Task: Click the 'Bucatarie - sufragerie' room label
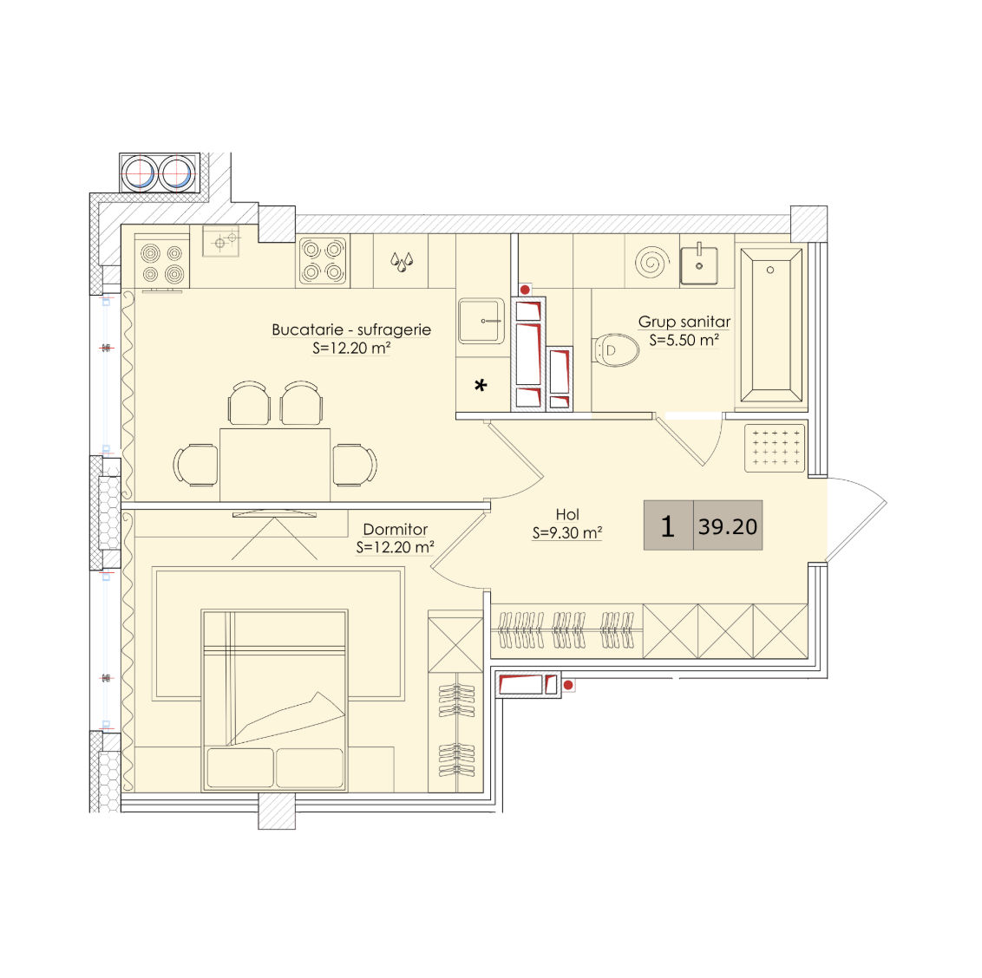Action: point(351,329)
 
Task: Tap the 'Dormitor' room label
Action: point(396,529)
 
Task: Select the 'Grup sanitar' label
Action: point(684,322)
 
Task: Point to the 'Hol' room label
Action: point(567,514)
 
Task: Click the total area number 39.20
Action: point(728,526)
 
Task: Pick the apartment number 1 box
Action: point(668,525)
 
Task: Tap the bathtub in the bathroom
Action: point(770,324)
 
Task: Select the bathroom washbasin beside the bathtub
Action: point(699,264)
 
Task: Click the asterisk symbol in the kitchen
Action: point(481,386)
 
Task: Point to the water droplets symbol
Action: point(402,260)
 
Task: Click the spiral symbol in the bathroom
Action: point(651,262)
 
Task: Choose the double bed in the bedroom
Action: point(274,700)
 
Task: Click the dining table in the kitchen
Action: point(275,465)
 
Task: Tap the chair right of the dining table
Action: point(355,465)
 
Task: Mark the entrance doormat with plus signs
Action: point(775,447)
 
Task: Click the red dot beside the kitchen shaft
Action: point(525,290)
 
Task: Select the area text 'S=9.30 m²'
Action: point(567,533)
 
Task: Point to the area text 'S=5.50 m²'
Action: point(684,340)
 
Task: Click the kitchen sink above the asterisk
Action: point(481,321)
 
